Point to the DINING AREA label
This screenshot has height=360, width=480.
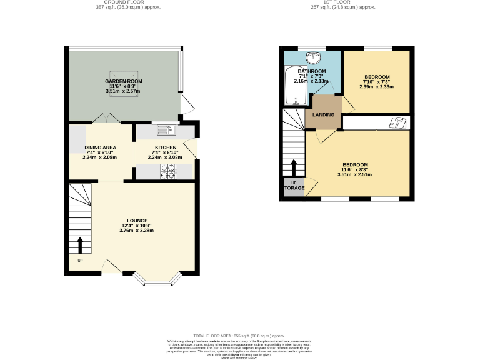point(101,147)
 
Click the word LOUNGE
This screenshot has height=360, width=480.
point(137,221)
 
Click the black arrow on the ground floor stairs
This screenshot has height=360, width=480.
point(80,245)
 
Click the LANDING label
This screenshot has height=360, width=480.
point(323,115)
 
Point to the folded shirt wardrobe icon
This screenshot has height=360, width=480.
point(395,122)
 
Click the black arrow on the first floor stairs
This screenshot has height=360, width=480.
point(294,167)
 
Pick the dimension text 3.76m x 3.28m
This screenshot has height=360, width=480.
point(136,231)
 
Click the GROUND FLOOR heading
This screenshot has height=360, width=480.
point(123,2)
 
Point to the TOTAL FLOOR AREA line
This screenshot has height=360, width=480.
point(239,336)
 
